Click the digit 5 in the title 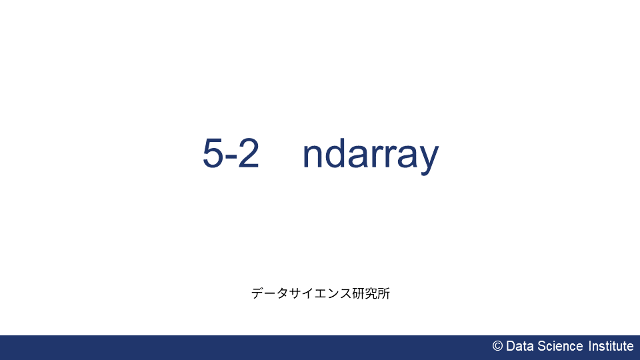[x=213, y=153]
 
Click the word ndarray [x=371, y=155]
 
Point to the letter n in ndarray [x=313, y=157]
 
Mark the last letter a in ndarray [x=407, y=157]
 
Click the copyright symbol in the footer [x=497, y=346]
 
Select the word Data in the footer [x=520, y=346]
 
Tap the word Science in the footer [x=561, y=346]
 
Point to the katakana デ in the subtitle [x=257, y=293]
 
